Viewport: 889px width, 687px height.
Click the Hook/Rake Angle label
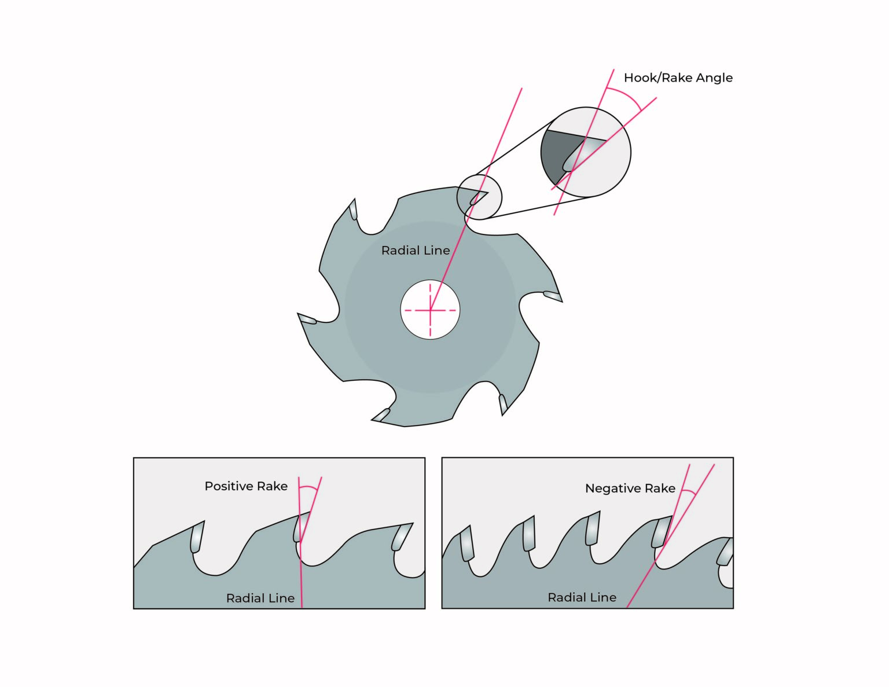(x=678, y=78)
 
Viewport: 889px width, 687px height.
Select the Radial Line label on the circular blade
(x=415, y=251)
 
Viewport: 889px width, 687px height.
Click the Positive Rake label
(x=246, y=486)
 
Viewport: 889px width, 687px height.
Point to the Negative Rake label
(x=630, y=488)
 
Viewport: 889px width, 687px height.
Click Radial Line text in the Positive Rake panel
(x=260, y=598)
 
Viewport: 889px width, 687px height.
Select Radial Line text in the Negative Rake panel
(x=582, y=597)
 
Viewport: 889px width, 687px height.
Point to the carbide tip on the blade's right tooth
(x=552, y=296)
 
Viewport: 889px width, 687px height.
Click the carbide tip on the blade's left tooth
(x=307, y=319)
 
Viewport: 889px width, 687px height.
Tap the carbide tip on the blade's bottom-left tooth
(x=381, y=414)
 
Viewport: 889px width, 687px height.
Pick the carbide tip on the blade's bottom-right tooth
(x=502, y=403)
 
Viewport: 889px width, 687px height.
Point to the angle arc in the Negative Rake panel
(x=688, y=493)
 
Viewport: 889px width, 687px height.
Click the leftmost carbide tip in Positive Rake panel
(x=197, y=538)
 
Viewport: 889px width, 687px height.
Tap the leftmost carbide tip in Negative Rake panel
(x=466, y=545)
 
